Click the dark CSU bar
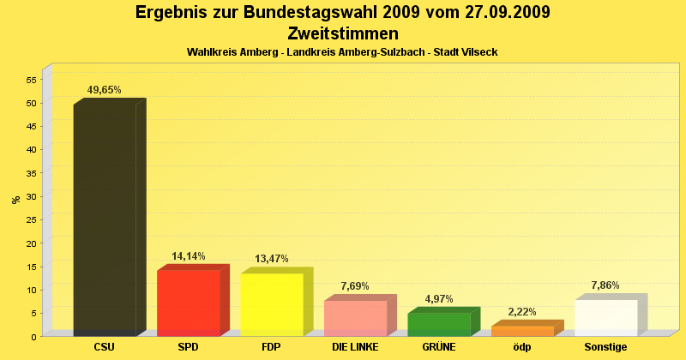[x=105, y=219]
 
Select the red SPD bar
[x=189, y=303]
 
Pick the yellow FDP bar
[x=272, y=304]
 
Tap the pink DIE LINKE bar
[x=355, y=317]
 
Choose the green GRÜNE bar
[x=438, y=324]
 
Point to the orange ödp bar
[x=522, y=331]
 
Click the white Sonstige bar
[x=605, y=317]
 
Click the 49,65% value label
[x=105, y=90]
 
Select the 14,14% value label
[x=189, y=255]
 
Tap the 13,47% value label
[x=272, y=259]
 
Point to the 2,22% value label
[x=522, y=312]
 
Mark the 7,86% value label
[x=605, y=285]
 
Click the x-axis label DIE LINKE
[x=356, y=348]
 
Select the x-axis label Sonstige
[x=605, y=348]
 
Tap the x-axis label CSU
[x=105, y=348]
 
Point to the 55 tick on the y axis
[x=32, y=80]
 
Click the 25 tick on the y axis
[x=32, y=219]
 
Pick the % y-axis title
[x=15, y=200]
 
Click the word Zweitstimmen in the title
[x=343, y=34]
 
